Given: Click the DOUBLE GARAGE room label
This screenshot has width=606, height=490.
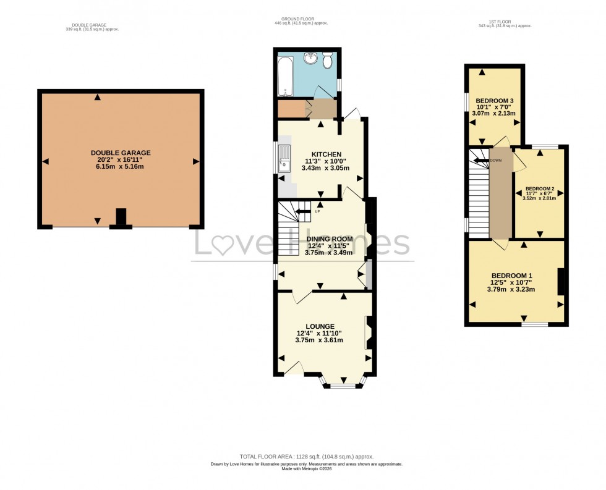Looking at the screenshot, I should coord(121,153).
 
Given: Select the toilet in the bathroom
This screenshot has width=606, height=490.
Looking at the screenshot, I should coord(327,61).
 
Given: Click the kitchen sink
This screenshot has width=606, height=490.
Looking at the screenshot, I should coord(284,158).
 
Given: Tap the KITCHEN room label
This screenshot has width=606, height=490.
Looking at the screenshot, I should coord(326,154).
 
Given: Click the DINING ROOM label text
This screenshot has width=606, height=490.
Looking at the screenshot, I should coord(330,239).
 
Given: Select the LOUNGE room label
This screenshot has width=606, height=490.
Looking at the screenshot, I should coord(320,326).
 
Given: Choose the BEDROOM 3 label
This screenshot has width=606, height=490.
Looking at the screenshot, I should coord(495,101).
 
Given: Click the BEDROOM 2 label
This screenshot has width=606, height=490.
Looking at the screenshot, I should coord(540,189).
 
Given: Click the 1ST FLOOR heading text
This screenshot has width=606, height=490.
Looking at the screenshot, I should coord(505,22).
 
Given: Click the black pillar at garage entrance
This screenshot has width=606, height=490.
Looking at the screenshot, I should coord(121,218).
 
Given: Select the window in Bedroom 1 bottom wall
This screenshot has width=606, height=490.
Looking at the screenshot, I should coord(534,324).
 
